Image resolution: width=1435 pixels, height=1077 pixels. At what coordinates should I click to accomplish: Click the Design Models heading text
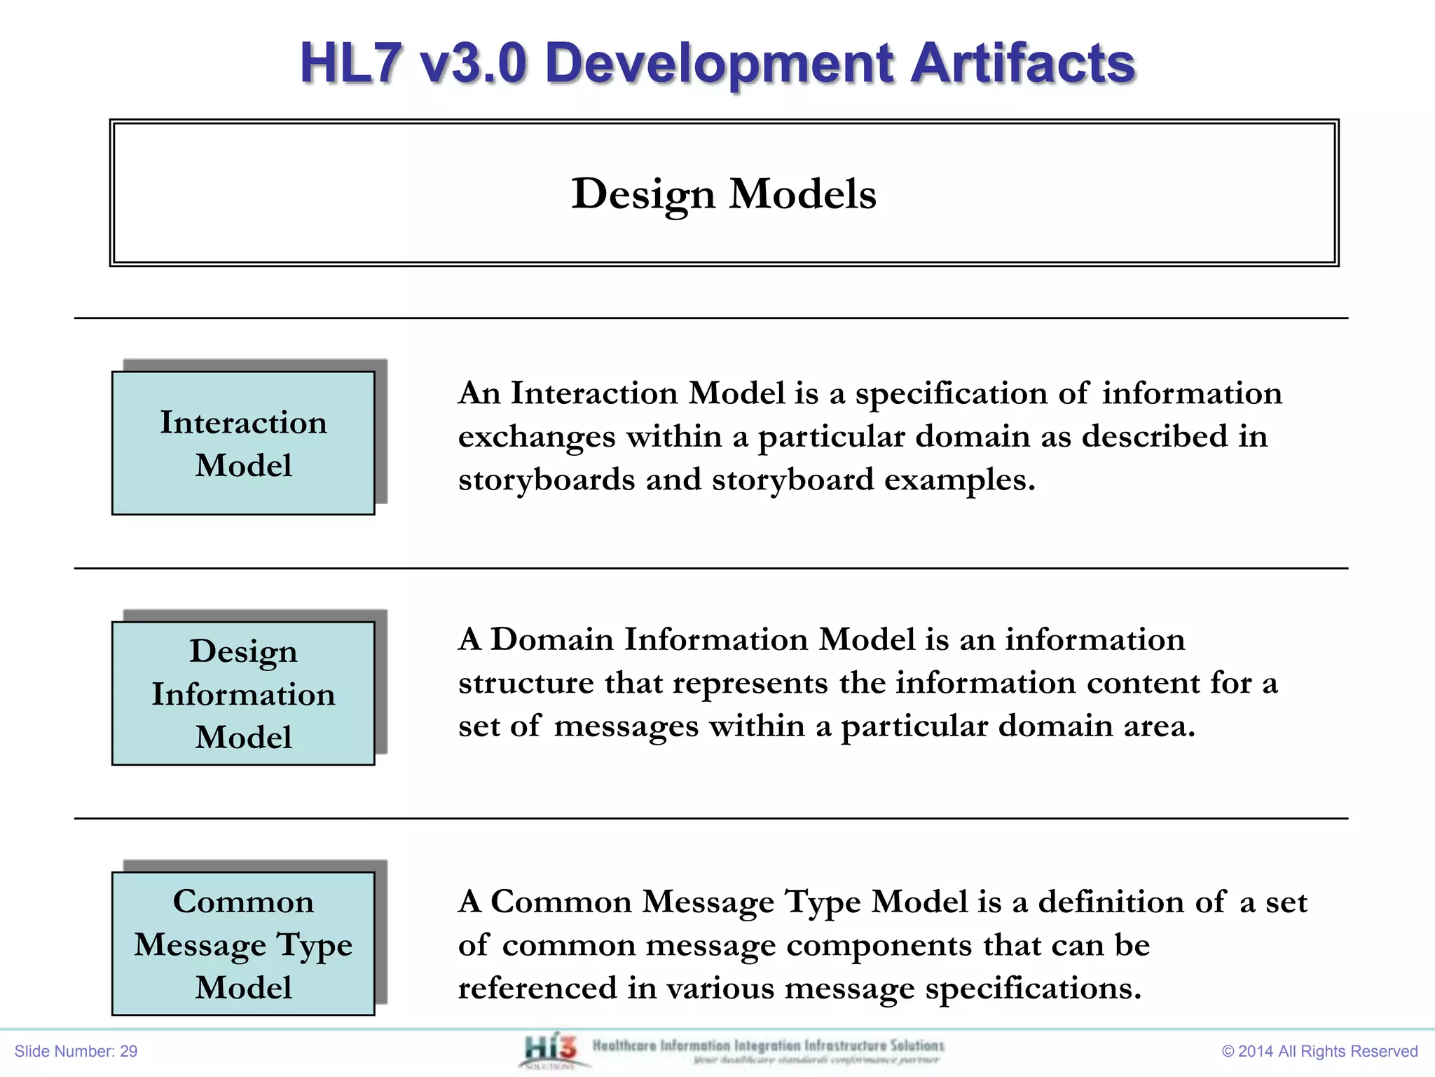724,194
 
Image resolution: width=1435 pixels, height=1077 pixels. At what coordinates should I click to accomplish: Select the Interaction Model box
243,443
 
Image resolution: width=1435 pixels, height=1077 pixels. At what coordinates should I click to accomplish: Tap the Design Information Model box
243,693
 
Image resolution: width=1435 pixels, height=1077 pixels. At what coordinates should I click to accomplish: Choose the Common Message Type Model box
243,943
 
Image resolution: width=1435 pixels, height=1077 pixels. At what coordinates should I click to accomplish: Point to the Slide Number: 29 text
76,1051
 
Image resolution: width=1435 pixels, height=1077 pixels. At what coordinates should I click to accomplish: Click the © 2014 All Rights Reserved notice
1319,1051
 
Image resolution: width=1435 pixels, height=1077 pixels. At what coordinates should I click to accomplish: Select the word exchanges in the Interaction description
537,437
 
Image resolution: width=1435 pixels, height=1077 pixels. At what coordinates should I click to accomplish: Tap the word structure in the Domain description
526,683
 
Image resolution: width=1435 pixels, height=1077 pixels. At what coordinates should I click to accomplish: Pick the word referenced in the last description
537,988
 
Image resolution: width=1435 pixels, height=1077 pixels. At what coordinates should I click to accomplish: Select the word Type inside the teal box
313,945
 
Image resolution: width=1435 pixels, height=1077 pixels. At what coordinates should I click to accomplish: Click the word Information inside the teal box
243,694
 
